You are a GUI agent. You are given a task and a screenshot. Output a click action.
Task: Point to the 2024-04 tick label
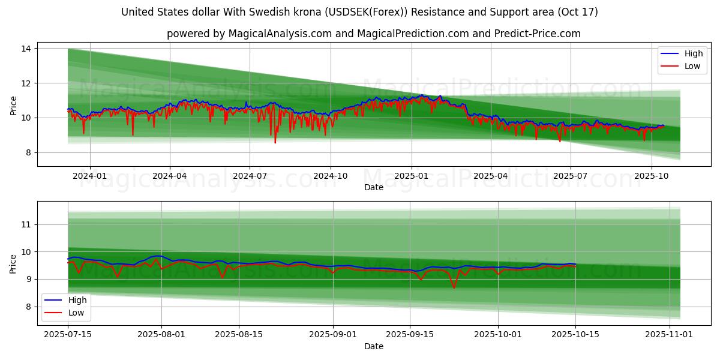click(170, 176)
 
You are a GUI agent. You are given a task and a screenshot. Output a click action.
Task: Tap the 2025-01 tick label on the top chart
click(412, 176)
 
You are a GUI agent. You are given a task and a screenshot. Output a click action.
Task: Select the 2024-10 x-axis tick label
click(330, 176)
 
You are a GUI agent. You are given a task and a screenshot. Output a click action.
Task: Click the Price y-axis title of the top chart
click(14, 106)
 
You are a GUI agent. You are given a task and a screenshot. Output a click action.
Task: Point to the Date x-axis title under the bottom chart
click(373, 346)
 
